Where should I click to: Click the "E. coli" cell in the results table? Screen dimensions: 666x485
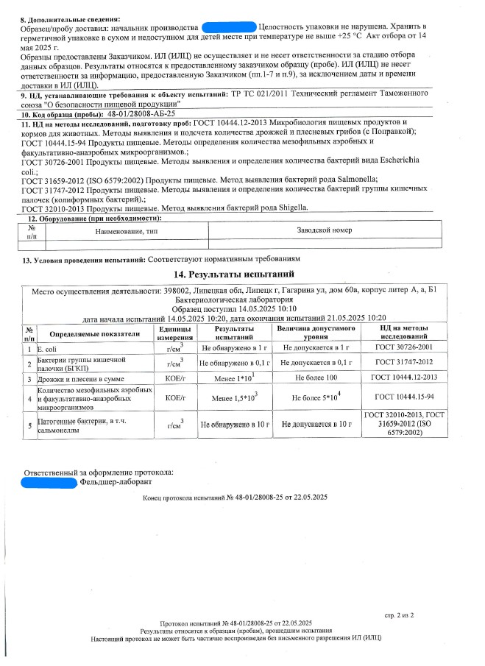(47, 347)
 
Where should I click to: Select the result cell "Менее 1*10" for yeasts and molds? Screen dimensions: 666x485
(233, 378)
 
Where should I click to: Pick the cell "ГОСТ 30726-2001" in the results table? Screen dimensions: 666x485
(403, 347)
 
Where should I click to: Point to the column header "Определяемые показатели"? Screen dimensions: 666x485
(95, 333)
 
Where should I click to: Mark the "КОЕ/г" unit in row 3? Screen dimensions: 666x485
(174, 378)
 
